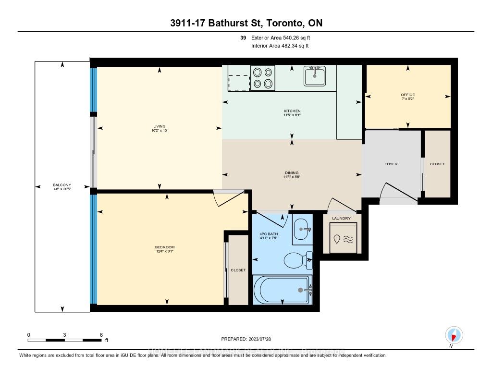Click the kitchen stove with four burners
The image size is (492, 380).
(263, 78)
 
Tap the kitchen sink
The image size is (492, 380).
(314, 76)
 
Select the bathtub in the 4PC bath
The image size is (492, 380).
(282, 290)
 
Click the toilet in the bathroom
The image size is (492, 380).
(297, 260)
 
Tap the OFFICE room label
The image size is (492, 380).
(408, 95)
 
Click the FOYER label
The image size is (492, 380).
(391, 164)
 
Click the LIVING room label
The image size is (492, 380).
(160, 127)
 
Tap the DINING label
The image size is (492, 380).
(292, 173)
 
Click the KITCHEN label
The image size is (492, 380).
(292, 111)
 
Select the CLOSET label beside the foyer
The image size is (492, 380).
(437, 164)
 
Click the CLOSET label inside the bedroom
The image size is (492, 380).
(238, 270)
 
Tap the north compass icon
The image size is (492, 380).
(454, 335)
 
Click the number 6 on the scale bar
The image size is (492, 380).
(101, 335)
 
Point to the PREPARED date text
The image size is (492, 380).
(246, 339)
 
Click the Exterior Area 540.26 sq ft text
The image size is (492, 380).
(284, 38)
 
